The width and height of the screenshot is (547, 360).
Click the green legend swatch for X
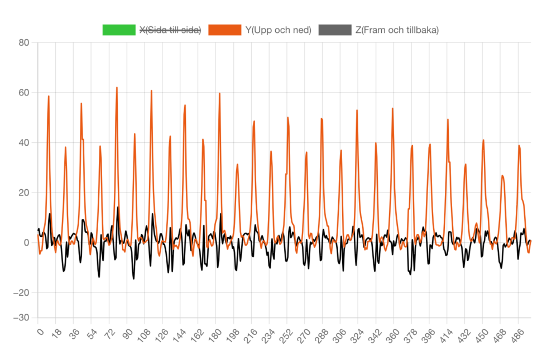(x=119, y=30)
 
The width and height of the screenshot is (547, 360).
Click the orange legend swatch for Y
(x=224, y=30)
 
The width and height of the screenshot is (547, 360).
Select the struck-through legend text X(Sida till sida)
(x=170, y=30)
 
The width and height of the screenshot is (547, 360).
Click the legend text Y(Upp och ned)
(x=278, y=30)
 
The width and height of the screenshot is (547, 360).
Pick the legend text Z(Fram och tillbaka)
(x=397, y=30)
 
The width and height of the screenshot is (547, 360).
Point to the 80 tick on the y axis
(x=23, y=42)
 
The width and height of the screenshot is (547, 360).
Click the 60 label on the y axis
(x=23, y=93)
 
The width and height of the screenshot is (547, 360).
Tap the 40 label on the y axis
(x=23, y=142)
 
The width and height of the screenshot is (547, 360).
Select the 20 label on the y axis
(x=23, y=193)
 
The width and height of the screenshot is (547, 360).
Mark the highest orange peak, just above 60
(x=117, y=88)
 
